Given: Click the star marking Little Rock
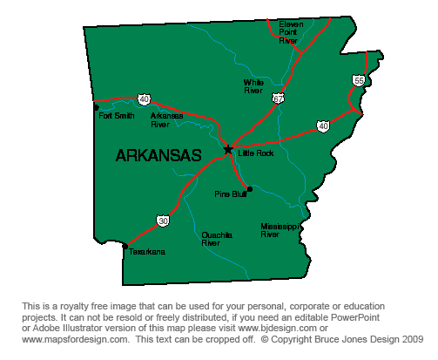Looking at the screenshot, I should [x=228, y=149].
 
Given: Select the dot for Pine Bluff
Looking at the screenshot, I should [x=250, y=188].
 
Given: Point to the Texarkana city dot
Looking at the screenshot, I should [x=125, y=246].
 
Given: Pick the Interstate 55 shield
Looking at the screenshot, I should [x=359, y=80].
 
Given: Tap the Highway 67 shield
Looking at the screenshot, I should [x=277, y=98].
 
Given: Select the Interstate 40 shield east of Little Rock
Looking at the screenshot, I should [x=323, y=126].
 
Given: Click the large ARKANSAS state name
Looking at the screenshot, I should [x=158, y=156].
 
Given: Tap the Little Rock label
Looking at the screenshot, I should [x=256, y=153].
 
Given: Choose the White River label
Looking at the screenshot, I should [x=253, y=85].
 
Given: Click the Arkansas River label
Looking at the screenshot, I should [x=160, y=119].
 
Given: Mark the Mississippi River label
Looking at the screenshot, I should [x=281, y=229].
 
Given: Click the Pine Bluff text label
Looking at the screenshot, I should [x=230, y=194].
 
